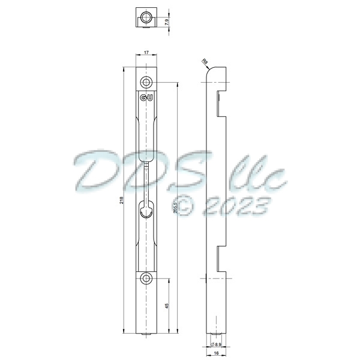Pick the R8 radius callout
[204, 61]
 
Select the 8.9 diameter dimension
[217, 344]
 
